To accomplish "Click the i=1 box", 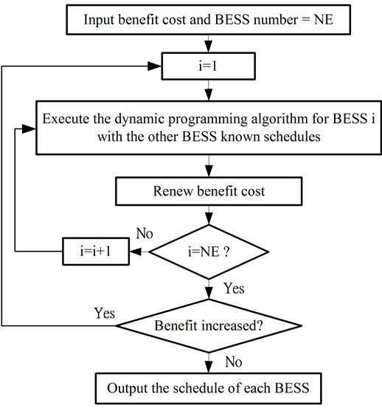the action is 208,66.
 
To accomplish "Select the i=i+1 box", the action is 96,252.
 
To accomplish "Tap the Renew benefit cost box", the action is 209,191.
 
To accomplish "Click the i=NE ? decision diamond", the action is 209,252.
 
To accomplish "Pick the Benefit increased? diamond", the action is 209,326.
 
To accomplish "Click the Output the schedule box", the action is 209,388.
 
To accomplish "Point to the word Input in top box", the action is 99,20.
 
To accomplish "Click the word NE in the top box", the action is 324,19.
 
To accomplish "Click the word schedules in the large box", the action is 292,136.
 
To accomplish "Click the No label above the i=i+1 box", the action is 145,233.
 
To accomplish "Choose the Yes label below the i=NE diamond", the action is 235,288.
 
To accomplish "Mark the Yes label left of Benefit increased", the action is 105,313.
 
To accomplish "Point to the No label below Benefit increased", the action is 234,362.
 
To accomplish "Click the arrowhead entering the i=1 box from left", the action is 154,66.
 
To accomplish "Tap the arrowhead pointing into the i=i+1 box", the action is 136,252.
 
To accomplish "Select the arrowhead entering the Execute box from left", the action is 29,128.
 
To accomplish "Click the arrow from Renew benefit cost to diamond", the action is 209,215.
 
